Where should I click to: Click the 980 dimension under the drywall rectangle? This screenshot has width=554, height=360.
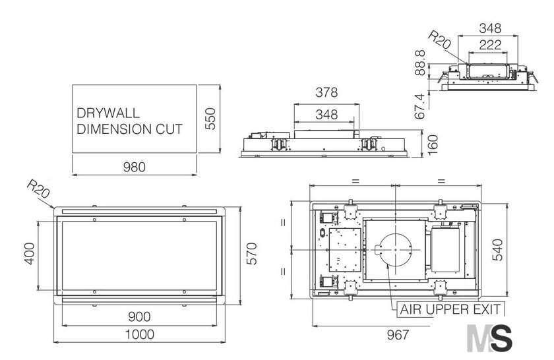(x=135, y=167)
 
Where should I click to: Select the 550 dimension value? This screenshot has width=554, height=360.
(x=210, y=119)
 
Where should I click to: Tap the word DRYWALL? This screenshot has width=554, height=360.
(x=108, y=113)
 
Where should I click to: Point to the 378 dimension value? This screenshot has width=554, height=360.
(x=326, y=92)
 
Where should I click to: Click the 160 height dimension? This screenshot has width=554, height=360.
(x=433, y=144)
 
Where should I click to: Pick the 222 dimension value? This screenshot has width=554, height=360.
(x=490, y=45)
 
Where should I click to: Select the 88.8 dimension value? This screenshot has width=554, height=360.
(x=420, y=63)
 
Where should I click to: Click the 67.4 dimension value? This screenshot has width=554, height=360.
(x=420, y=106)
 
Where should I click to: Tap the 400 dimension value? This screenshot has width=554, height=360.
(x=30, y=253)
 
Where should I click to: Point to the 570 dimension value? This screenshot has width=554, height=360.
(x=251, y=253)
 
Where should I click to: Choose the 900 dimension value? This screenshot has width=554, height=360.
(x=139, y=316)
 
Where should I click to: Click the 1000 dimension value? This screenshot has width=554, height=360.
(x=140, y=334)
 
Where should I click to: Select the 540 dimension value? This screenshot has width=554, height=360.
(x=497, y=249)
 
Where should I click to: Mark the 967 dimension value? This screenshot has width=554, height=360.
(x=398, y=334)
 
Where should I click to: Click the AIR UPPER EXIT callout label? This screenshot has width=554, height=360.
(x=450, y=309)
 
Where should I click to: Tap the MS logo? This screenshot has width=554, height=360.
(x=489, y=338)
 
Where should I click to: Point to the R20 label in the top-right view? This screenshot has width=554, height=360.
(x=439, y=40)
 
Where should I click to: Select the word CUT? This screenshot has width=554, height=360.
(x=169, y=129)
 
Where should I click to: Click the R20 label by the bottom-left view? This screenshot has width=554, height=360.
(x=38, y=189)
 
